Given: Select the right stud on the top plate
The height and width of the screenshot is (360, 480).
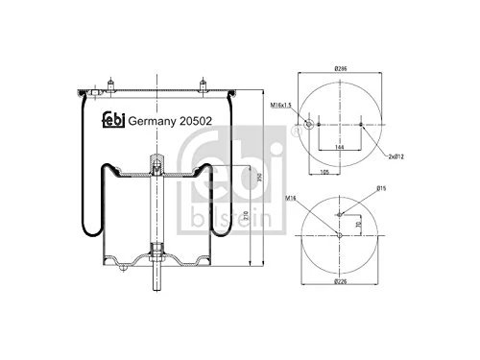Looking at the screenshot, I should tap(204, 84).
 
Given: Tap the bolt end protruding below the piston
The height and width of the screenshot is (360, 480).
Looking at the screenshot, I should tap(155, 285).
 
